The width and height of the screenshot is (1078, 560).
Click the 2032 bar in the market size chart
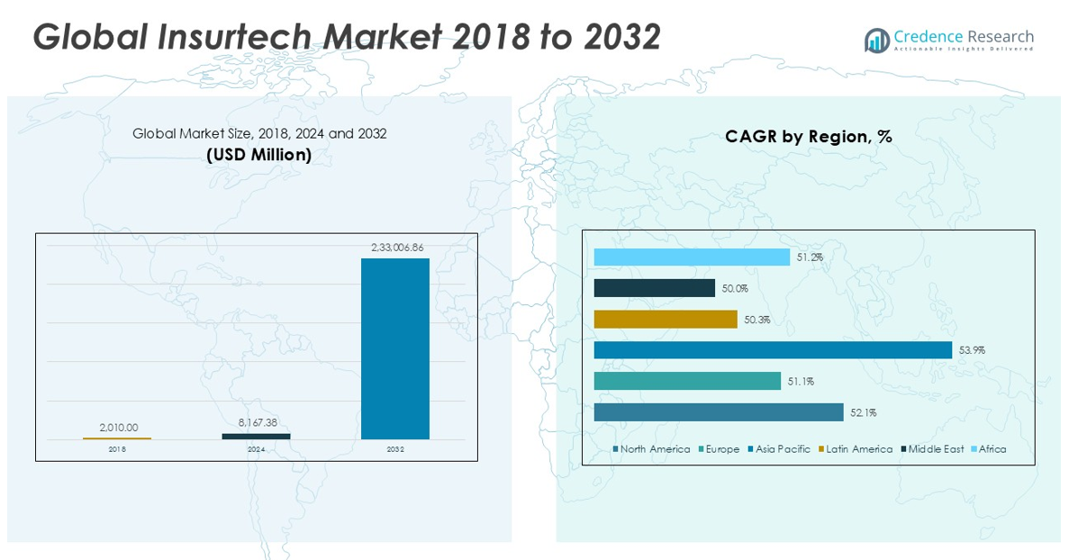[395, 348]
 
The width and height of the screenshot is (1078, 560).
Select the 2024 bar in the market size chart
[256, 437]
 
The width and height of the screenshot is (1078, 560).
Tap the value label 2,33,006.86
[396, 247]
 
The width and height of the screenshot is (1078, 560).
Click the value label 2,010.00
[117, 428]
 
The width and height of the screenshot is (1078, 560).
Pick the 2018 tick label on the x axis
[117, 448]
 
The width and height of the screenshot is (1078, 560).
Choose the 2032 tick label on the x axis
[395, 448]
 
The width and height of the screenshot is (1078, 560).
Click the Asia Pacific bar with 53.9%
[773, 350]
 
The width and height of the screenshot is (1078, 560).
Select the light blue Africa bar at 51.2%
[692, 257]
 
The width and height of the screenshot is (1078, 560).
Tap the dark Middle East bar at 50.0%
[655, 288]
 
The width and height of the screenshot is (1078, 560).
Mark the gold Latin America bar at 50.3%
[666, 320]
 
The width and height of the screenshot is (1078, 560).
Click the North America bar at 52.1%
[719, 412]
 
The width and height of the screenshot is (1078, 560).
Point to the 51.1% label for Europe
[801, 382]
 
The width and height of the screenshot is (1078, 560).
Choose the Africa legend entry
[992, 449]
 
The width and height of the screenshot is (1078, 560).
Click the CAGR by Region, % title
[808, 137]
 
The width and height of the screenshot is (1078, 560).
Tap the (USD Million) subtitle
[259, 155]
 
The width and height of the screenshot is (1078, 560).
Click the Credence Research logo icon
[876, 40]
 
